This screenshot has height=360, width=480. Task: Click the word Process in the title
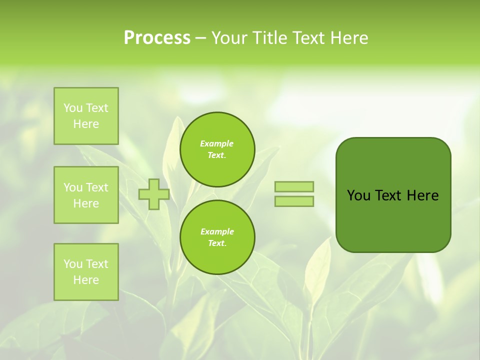click(157, 38)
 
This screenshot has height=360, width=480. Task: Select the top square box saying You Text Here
click(86, 116)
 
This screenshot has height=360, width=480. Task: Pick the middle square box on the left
click(86, 195)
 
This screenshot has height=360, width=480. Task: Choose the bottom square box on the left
click(86, 272)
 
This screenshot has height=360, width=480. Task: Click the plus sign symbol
click(154, 194)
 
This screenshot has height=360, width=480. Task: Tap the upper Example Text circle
click(217, 149)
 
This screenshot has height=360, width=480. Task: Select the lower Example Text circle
click(217, 237)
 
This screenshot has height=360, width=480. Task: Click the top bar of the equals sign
click(294, 186)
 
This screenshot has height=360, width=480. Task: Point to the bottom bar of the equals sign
click(294, 201)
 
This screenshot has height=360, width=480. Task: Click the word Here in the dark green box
click(422, 195)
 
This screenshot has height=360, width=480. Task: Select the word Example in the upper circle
click(217, 143)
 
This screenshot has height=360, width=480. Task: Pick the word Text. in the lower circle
click(217, 243)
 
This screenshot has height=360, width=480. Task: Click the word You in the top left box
click(73, 108)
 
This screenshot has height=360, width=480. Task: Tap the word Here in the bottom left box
click(86, 280)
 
